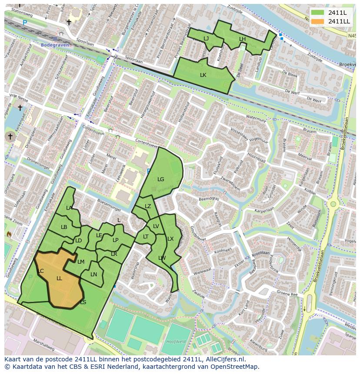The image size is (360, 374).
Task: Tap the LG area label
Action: click(161, 179)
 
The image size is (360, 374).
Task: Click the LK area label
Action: click(203, 75)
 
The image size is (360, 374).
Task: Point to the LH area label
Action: click(242, 39)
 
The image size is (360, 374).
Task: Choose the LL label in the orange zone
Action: click(59, 278)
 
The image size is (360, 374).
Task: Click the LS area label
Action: click(83, 302)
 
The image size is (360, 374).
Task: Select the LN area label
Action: click(94, 275)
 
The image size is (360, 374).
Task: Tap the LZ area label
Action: click(148, 206)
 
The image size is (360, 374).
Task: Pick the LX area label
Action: click(170, 239)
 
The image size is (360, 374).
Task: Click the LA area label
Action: click(69, 208)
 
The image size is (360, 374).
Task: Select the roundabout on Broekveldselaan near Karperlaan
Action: click(333, 204)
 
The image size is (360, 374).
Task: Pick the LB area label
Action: click(64, 227)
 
